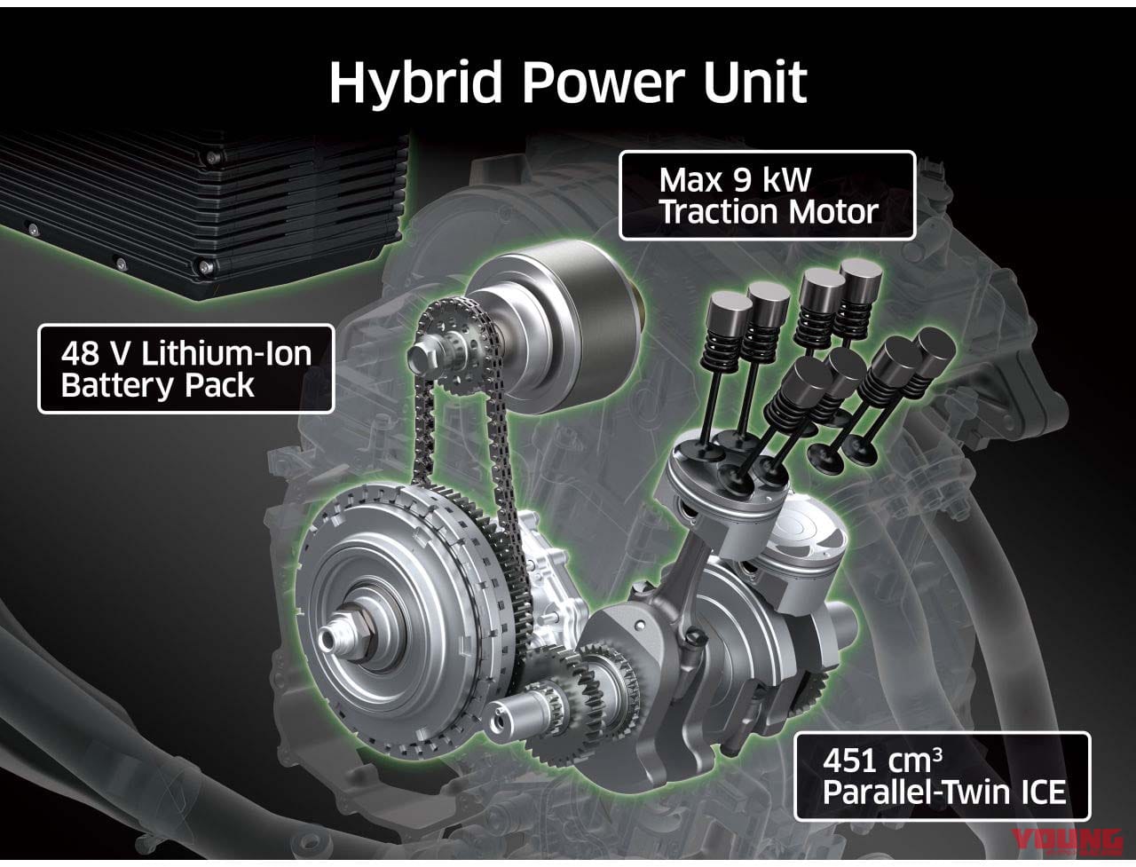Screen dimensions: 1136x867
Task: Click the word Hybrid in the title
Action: [x=415, y=83]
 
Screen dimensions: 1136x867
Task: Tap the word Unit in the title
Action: [x=755, y=82]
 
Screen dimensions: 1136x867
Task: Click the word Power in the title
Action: [x=603, y=82]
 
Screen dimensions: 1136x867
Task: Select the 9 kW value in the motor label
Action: [x=771, y=180]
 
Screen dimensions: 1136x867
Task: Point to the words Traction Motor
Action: [x=769, y=211]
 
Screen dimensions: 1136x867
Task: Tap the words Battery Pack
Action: [x=158, y=386]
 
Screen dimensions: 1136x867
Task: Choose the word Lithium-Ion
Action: [x=226, y=353]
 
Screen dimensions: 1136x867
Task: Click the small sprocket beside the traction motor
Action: [x=454, y=343]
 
